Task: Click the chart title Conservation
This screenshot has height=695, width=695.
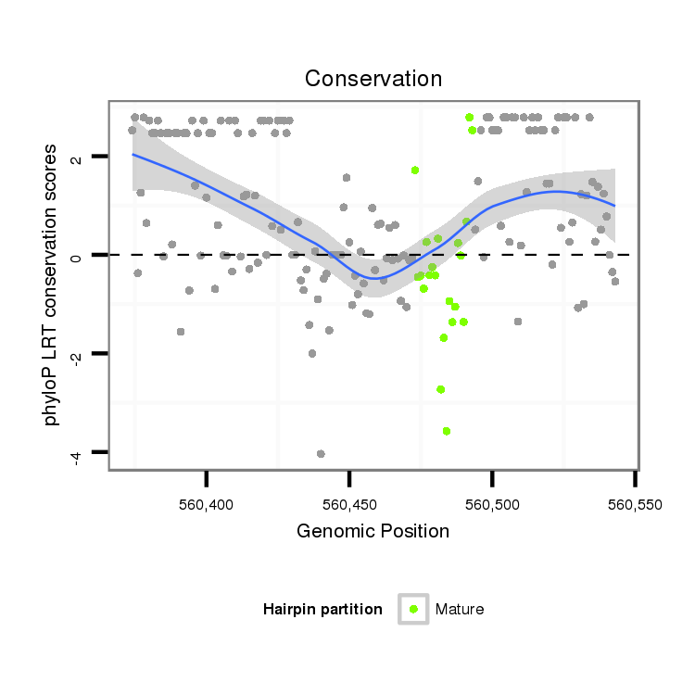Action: [373, 79]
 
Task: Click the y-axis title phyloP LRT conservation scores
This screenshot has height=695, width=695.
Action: [52, 284]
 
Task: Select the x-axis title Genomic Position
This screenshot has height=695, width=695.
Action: [373, 532]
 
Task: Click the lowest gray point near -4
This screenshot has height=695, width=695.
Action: [321, 454]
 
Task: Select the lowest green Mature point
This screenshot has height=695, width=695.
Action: [447, 431]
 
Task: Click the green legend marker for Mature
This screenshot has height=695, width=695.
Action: [413, 609]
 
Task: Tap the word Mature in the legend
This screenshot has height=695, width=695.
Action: [460, 609]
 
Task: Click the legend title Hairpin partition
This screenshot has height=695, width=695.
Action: [322, 609]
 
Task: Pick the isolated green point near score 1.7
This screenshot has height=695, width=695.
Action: [415, 170]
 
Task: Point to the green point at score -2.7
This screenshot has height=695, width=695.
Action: [441, 389]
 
